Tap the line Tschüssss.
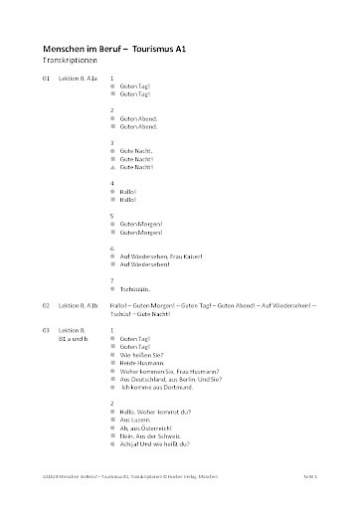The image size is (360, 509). [134, 292]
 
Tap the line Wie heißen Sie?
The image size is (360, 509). [140, 355]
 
